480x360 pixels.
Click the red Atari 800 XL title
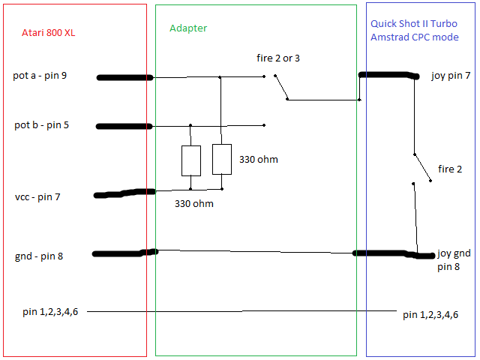pos(48,32)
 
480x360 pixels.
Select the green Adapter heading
pos(188,28)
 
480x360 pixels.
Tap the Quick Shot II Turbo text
pos(414,23)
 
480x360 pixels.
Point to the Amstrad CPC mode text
pos(415,37)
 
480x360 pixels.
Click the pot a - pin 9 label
pos(40,76)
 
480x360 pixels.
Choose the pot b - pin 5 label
pos(42,125)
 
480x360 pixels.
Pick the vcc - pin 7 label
pos(37,196)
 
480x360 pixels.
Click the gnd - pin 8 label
pos(39,256)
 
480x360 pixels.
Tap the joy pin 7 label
pos(451,75)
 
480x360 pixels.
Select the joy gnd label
pos(454,253)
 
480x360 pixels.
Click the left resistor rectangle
pos(191,160)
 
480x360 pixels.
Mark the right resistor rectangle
pos(222,159)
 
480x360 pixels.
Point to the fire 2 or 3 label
pos(278,58)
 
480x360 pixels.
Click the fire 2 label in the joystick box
pos(450,169)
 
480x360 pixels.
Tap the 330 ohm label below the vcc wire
pos(194,203)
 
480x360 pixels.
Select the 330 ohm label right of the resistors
pos(259,160)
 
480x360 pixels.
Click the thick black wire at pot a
pos(124,78)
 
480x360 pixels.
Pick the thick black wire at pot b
pos(124,127)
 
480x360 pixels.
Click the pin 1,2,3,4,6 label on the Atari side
pos(50,312)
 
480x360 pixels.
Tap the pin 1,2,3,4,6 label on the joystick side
pos(430,315)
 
